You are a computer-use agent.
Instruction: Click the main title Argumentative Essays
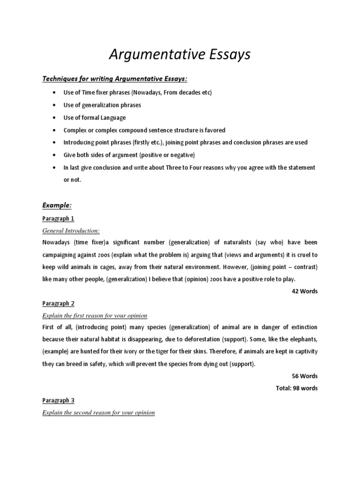coord(180,55)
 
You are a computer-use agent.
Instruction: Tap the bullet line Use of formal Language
coord(95,118)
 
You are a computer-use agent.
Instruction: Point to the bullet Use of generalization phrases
coord(102,105)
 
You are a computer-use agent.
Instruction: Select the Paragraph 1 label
coord(58,218)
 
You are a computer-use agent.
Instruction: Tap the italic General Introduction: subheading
coord(71,231)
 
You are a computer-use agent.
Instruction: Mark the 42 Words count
coord(304,291)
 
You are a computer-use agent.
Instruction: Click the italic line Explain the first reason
coord(95,315)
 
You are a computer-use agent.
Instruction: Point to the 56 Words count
coord(304,376)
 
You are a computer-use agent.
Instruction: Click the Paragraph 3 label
coord(58,400)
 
